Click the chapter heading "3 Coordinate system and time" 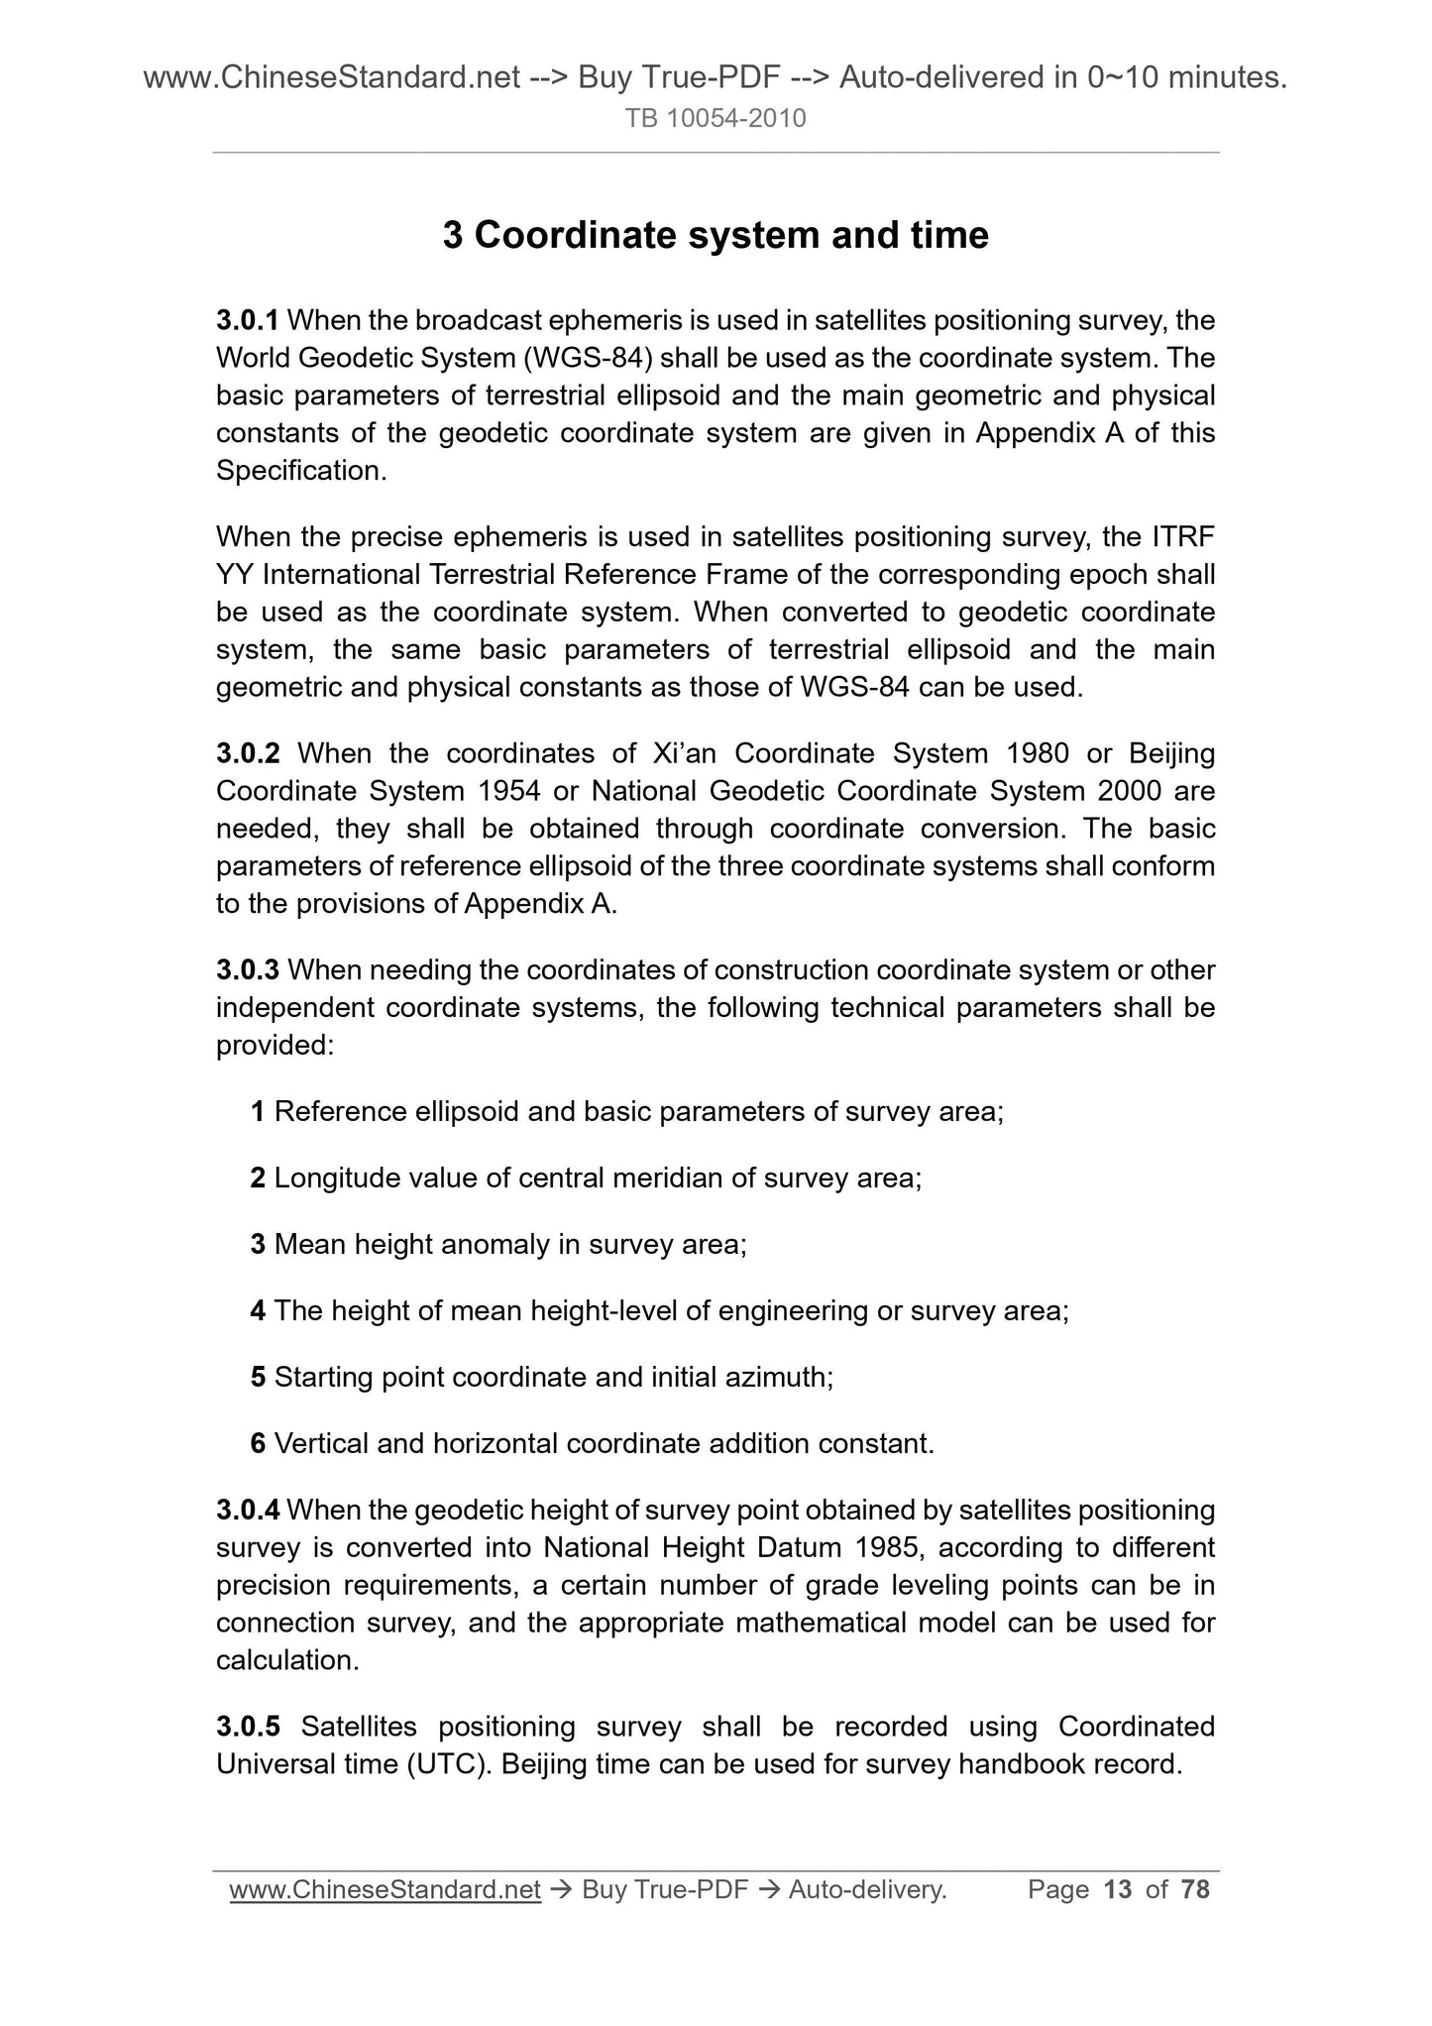716,236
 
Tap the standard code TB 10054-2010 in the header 716,119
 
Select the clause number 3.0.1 248,320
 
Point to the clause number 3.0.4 248,1510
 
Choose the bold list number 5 258,1377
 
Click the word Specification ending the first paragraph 299,471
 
